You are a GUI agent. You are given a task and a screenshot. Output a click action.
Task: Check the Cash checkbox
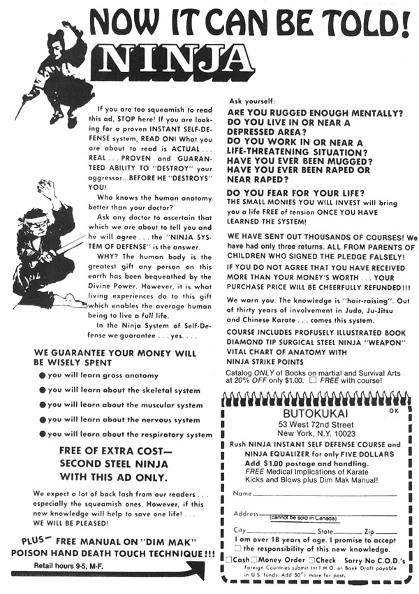(230, 560)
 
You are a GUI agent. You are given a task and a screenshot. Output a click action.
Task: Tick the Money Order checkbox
(255, 560)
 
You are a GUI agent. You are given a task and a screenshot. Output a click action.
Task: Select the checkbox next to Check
(312, 560)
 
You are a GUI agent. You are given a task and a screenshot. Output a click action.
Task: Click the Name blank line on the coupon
(321, 495)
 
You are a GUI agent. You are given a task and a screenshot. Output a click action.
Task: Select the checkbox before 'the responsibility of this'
(238, 548)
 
